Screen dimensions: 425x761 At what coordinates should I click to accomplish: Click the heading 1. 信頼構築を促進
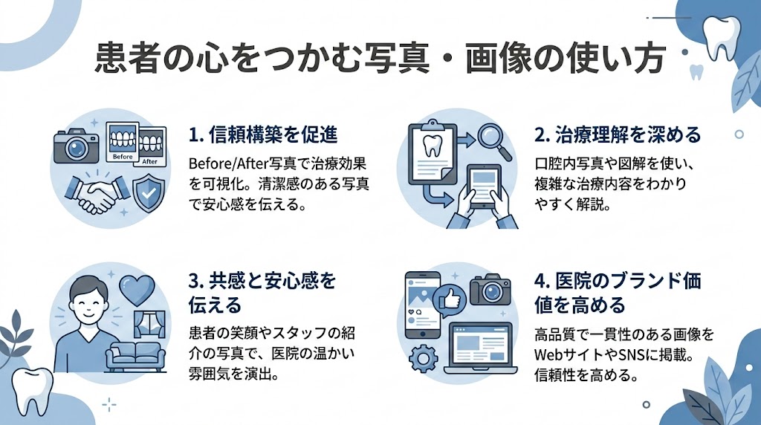[x=263, y=135]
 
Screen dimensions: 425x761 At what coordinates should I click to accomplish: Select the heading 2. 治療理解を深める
[x=618, y=135]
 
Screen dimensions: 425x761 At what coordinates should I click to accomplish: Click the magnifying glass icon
[x=490, y=140]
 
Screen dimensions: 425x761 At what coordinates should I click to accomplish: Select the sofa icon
[x=136, y=356]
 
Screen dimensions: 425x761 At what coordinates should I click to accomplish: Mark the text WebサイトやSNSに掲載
[x=614, y=355]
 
